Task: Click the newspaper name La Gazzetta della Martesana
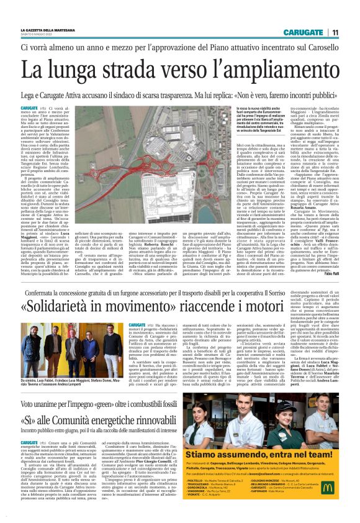(x=47, y=29)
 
